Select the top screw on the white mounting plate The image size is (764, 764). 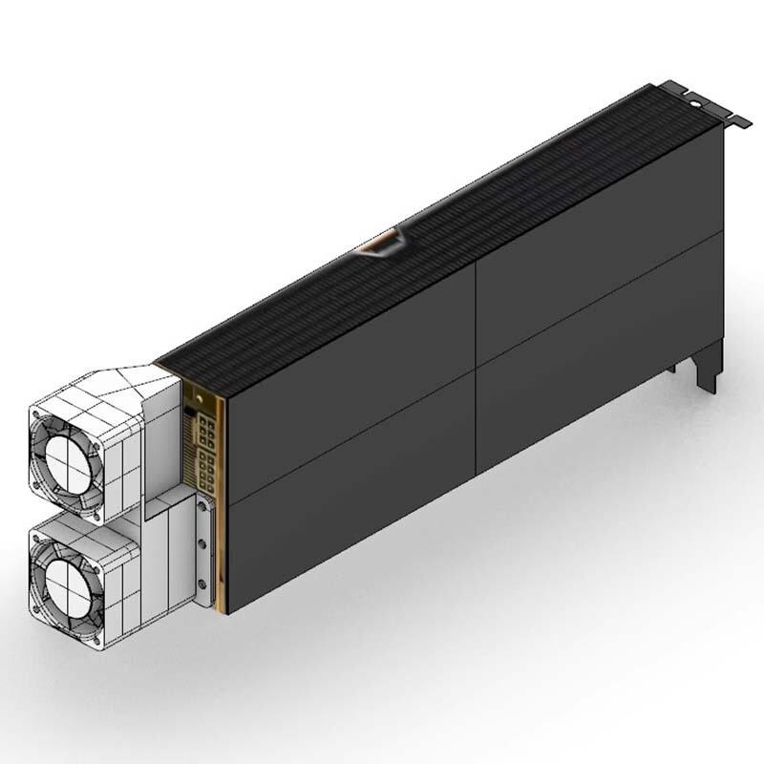(x=202, y=515)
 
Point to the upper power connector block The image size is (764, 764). (x=203, y=431)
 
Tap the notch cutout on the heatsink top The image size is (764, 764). (x=382, y=243)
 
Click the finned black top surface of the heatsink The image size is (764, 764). (x=477, y=220)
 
